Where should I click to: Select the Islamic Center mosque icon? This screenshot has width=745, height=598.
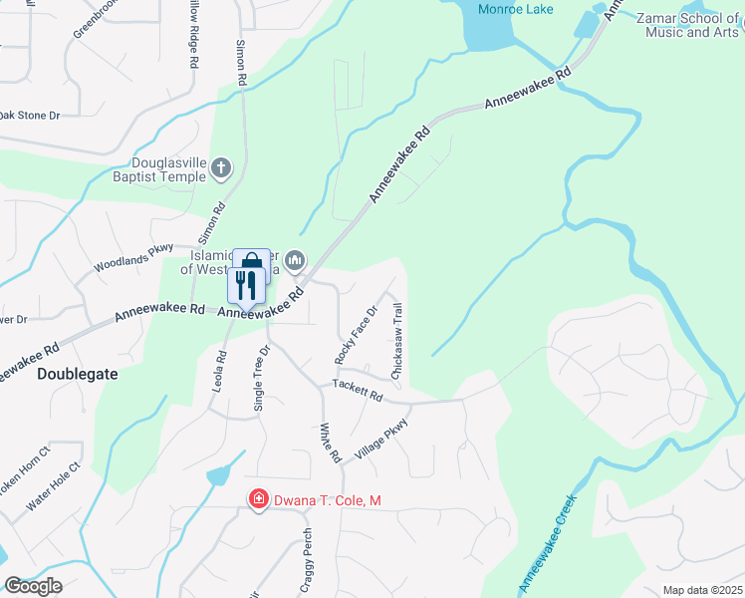click(294, 261)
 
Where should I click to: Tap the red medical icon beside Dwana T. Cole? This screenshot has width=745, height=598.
click(258, 498)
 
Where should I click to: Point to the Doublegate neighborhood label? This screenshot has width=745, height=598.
click(77, 374)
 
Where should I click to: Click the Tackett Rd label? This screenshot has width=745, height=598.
click(358, 390)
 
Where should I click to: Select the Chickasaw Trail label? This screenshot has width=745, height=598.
click(397, 341)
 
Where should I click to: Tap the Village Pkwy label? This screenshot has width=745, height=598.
click(384, 435)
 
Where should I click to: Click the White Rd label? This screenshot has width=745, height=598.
click(330, 443)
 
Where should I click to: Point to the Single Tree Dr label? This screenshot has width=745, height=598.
click(262, 379)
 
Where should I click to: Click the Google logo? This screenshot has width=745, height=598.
click(33, 586)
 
